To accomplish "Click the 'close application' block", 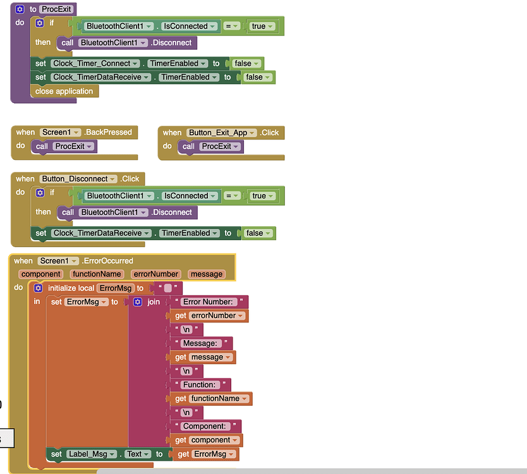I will tap(64, 91).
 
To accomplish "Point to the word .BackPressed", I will tap(108, 132).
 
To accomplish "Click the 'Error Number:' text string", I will tap(209, 301).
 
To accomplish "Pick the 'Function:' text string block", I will tap(200, 384).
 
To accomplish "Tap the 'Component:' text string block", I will tap(207, 426).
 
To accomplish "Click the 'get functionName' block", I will tap(211, 398).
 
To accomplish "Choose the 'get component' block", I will tap(206, 440).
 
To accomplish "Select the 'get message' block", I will tap(203, 357).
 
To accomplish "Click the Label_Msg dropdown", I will tap(92, 454).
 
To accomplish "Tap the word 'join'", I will tap(154, 301).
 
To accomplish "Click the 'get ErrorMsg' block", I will tap(206, 454).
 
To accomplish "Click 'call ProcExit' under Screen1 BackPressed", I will tap(64, 146).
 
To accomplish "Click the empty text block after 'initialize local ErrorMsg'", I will tap(168, 288).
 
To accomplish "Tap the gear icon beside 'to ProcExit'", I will tap(20, 9).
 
